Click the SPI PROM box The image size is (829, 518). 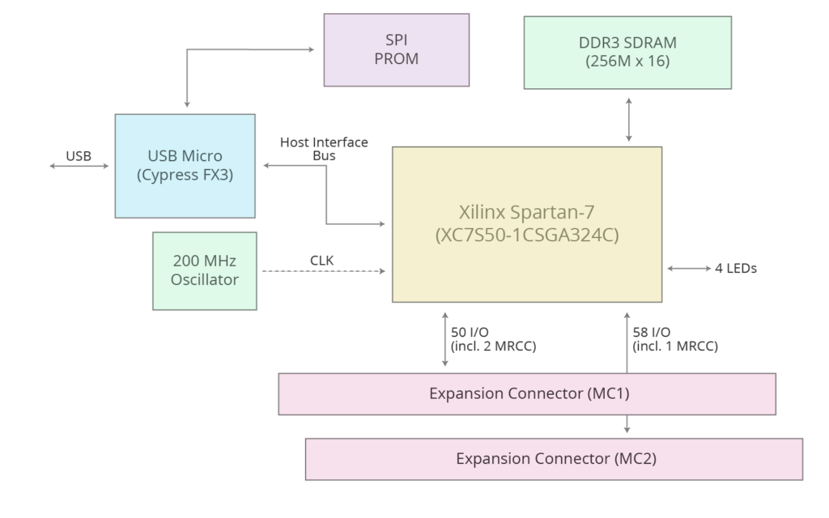(x=397, y=49)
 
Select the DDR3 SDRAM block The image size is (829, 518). (x=627, y=52)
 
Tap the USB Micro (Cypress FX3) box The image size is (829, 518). (x=185, y=165)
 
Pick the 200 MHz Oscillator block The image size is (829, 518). (x=205, y=270)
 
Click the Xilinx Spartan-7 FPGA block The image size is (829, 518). (x=526, y=223)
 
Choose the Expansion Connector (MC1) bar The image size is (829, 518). (x=527, y=394)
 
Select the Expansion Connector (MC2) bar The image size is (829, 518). (x=554, y=459)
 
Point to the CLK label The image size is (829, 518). (x=322, y=260)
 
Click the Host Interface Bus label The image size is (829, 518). (x=324, y=148)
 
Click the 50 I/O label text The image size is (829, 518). (x=470, y=333)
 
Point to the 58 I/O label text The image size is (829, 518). (x=653, y=333)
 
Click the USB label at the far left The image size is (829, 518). (x=79, y=155)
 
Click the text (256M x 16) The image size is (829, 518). (x=627, y=61)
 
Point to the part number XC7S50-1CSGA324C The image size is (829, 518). (x=526, y=235)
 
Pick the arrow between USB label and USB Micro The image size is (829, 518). (x=79, y=166)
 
